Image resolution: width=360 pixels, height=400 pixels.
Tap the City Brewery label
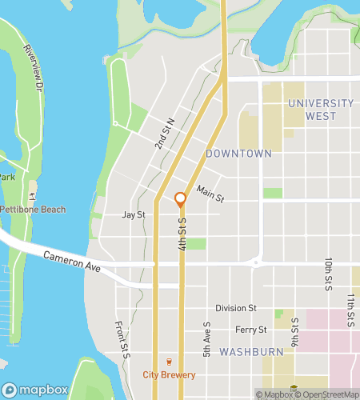tap(169, 374)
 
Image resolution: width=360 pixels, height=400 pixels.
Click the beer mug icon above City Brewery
tap(169, 362)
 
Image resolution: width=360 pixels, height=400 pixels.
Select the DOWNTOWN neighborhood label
tap(238, 153)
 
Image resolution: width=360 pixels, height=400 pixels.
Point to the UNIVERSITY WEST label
tap(321, 110)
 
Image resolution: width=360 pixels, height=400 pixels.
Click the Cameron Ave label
tap(71, 260)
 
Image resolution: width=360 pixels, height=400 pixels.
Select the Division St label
tap(235, 308)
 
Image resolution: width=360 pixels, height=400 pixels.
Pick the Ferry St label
tap(250, 330)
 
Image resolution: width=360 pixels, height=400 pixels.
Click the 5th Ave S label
tap(206, 340)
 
